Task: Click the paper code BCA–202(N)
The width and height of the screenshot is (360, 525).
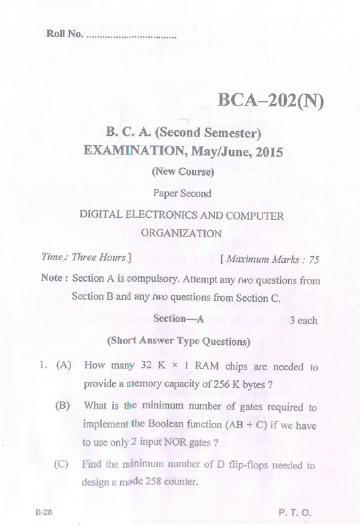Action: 271,102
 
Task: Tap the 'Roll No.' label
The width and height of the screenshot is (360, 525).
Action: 64,34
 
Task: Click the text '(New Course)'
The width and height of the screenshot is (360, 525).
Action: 182,172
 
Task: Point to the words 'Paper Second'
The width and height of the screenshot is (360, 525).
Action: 181,194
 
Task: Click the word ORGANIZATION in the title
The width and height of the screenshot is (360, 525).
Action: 181,234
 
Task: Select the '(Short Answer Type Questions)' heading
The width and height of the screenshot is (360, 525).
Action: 179,341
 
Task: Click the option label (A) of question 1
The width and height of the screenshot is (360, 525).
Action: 64,367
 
